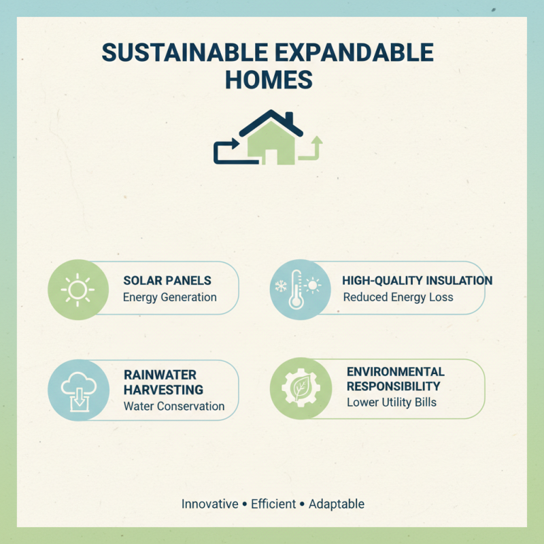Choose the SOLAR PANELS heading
167,281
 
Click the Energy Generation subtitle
170,297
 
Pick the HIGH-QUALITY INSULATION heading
418,281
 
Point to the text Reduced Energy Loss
398,297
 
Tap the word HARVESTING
163,390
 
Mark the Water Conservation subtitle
174,407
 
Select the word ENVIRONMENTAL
396,372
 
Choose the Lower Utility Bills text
392,403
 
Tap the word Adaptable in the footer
337,505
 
